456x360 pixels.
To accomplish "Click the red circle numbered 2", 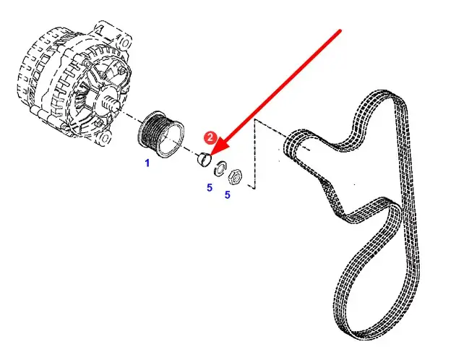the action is point(210,137).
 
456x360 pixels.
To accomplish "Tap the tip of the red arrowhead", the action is point(210,155).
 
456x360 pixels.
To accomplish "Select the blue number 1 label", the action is point(147,163).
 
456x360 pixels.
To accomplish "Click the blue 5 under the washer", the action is point(210,188).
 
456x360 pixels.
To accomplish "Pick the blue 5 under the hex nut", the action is point(228,195).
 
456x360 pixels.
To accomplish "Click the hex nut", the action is point(234,177).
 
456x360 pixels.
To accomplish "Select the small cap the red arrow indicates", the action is point(204,159).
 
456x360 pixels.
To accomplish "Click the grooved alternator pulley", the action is point(160,134).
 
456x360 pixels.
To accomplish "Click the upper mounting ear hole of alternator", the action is point(124,44).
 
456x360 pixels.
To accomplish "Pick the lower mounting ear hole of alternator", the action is point(106,137).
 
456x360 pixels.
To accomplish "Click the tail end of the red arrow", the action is point(340,30).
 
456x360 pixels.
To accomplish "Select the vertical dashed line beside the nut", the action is point(255,154).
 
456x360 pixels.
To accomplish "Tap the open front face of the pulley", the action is point(171,140).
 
